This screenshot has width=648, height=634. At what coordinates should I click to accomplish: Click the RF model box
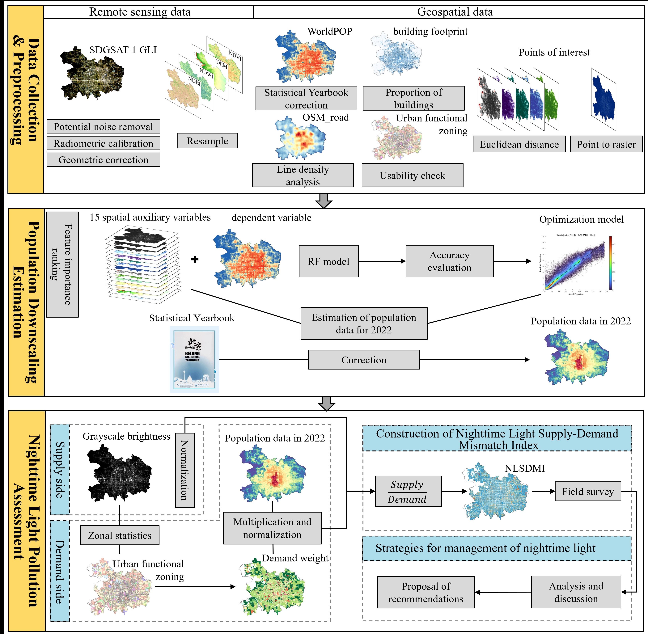pyautogui.click(x=328, y=261)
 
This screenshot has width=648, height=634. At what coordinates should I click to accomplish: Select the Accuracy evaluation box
pyautogui.click(x=449, y=261)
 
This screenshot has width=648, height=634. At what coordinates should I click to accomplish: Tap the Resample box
pyautogui.click(x=207, y=141)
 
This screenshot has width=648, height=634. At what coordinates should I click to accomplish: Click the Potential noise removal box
pyautogui.click(x=103, y=127)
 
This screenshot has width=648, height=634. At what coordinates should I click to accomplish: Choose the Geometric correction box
pyautogui.click(x=103, y=160)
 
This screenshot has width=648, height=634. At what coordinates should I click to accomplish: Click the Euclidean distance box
pyautogui.click(x=519, y=144)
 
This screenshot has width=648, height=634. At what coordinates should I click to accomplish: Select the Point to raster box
pyautogui.click(x=606, y=144)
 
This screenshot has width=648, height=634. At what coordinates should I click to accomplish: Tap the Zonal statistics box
pyautogui.click(x=120, y=535)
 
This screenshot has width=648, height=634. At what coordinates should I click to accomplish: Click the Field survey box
pyautogui.click(x=588, y=492)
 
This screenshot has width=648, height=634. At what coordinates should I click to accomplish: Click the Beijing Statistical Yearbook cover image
pyautogui.click(x=194, y=360)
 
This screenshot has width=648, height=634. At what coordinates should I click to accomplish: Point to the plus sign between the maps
pyautogui.click(x=195, y=259)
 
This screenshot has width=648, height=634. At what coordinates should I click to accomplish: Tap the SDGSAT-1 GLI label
pyautogui.click(x=123, y=50)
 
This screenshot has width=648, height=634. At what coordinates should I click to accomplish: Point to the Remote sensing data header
pyautogui.click(x=140, y=12)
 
